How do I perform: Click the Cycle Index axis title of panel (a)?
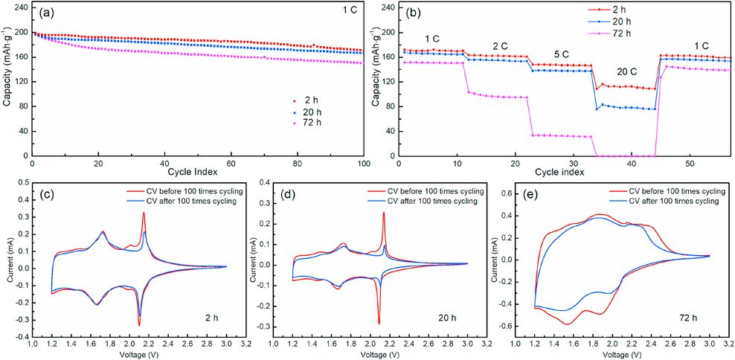(x=197, y=173)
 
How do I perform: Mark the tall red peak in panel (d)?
(x=384, y=213)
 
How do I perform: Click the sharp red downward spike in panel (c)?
(x=139, y=324)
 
